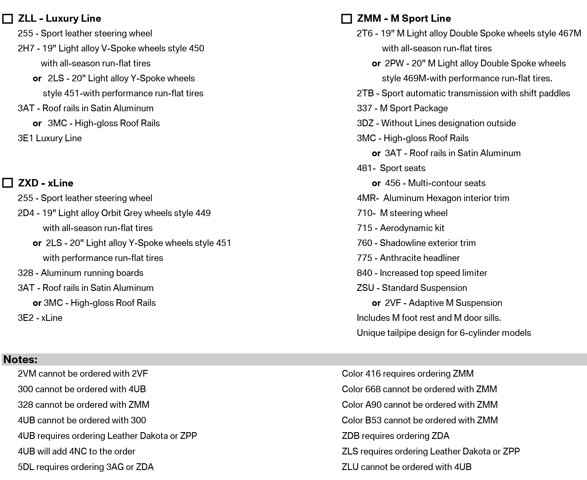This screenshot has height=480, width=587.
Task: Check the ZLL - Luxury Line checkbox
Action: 8,19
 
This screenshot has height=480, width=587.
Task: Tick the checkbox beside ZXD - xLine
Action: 8,183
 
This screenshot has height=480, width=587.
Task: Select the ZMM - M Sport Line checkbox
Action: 347,19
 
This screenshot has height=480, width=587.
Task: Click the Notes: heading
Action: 21,360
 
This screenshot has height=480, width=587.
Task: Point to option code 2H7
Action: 26,48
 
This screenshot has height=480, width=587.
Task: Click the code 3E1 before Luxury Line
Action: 26,138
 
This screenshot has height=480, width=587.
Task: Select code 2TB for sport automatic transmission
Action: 365,93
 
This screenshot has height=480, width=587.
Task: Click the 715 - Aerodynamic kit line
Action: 400,228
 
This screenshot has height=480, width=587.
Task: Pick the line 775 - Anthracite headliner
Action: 408,258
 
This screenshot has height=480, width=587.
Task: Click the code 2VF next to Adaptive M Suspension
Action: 393,303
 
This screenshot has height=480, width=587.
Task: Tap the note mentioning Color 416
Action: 407,374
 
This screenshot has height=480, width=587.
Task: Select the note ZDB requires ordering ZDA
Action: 395,436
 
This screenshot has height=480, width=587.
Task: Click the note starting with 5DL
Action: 85,467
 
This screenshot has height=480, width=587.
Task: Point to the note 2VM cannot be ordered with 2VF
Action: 83,374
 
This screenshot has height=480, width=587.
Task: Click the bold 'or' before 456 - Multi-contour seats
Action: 376,183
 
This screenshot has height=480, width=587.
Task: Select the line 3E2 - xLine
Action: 40,318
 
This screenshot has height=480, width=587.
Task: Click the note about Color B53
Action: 420,420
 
